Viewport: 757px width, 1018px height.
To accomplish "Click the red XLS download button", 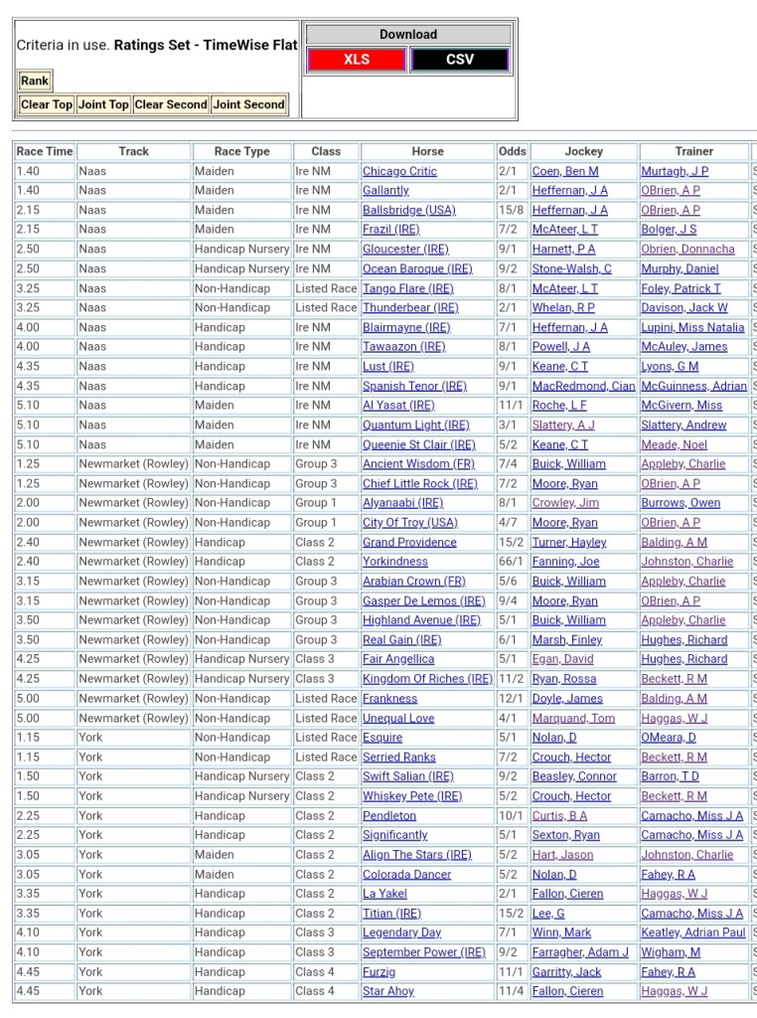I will (357, 60).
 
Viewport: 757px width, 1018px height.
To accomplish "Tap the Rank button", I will (35, 81).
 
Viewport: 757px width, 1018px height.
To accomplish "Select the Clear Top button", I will (47, 104).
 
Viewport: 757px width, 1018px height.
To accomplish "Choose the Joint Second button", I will (248, 104).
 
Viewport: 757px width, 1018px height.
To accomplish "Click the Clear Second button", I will (171, 104).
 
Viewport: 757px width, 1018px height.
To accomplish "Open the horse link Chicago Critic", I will (399, 171).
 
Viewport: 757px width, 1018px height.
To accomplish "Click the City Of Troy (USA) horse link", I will (410, 523).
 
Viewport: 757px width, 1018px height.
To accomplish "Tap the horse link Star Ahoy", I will (388, 991).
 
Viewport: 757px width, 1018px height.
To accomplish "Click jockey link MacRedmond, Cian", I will (583, 386).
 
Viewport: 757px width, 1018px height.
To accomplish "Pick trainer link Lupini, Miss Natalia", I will (692, 327).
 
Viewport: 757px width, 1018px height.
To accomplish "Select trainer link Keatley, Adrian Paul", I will (693, 933).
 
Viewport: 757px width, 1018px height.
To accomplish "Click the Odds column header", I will (513, 151).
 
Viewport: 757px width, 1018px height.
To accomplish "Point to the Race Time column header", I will (45, 151).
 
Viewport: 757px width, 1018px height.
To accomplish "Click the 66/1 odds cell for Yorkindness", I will (513, 562).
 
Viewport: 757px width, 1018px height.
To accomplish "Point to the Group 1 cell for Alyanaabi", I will (316, 503).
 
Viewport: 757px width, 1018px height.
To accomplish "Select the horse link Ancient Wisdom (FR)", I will (418, 464).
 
